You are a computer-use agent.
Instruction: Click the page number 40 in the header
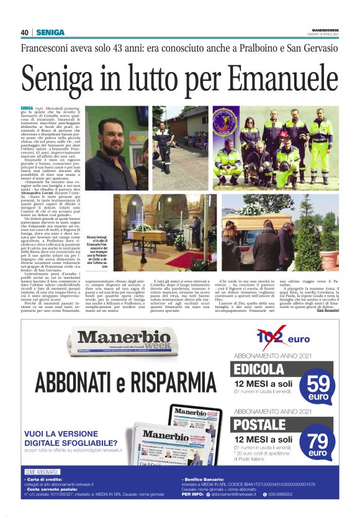[x=25, y=32]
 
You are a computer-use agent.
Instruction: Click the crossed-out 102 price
[x=271, y=339]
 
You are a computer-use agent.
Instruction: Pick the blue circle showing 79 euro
[x=317, y=444]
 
